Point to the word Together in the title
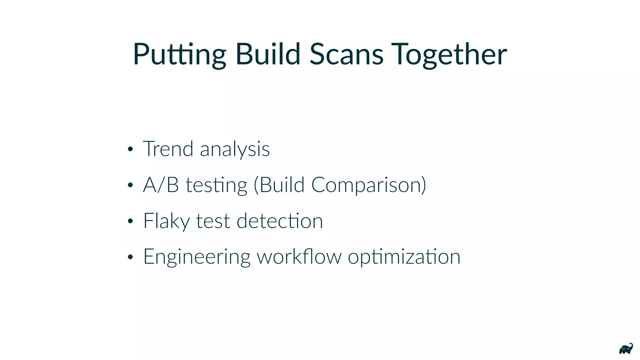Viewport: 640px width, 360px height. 449,55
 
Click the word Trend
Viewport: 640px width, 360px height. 168,149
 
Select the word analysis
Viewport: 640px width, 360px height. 235,149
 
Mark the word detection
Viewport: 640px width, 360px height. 280,221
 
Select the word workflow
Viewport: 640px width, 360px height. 299,257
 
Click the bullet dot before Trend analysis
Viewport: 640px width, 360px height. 130,149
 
